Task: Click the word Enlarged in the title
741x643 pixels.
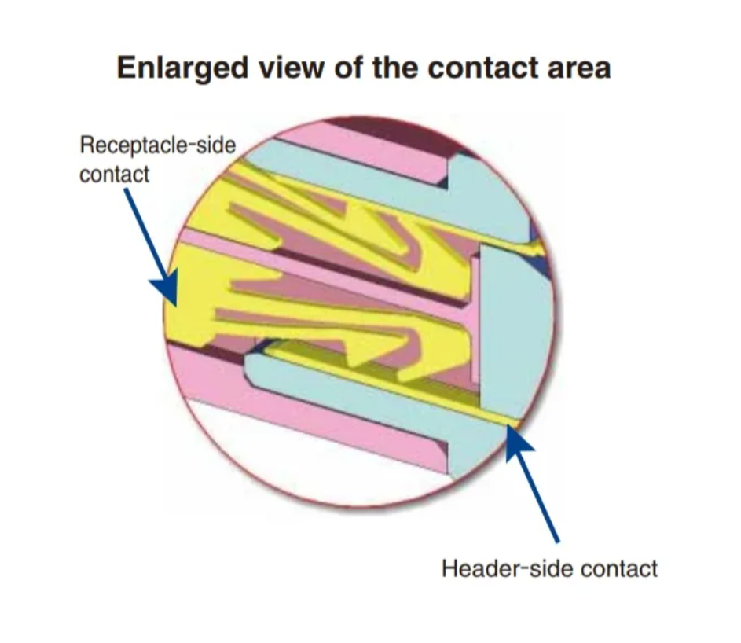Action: pos(182,68)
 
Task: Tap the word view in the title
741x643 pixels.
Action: pos(291,68)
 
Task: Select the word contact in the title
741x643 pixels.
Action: pos(482,68)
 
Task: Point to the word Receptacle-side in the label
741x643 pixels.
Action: pos(157,145)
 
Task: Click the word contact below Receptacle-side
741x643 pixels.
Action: pos(115,174)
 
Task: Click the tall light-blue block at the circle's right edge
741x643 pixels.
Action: pos(515,331)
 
